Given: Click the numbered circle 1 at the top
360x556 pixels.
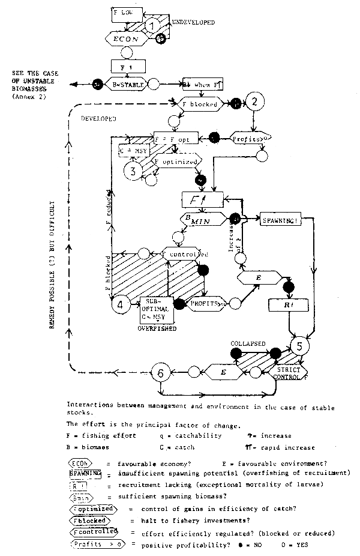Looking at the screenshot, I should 154,26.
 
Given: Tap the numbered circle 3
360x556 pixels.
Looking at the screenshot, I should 133,171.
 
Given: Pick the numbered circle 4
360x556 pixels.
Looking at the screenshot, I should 120,304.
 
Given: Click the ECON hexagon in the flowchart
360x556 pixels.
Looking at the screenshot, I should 128,38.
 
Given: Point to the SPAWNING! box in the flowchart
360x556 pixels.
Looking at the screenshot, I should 277,220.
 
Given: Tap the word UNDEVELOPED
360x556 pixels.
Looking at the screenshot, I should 193,22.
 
